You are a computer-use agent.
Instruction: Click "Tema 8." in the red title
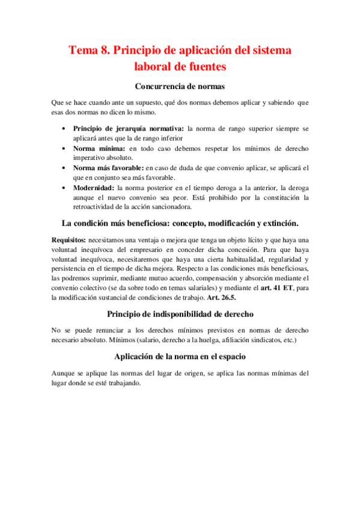point(89,51)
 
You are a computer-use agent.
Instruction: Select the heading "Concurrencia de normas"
point(180,87)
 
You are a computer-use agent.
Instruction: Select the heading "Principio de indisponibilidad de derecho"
point(180,314)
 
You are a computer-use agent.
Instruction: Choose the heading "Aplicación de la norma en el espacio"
point(180,357)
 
